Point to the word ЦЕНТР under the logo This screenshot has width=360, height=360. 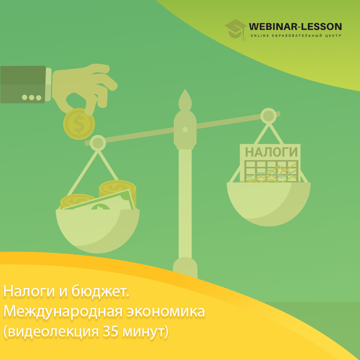(333, 36)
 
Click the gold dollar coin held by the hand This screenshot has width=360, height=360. (79, 124)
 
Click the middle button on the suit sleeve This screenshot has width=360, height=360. (31, 98)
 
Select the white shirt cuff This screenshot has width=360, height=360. (48, 84)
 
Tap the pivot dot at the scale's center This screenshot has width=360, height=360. (185, 129)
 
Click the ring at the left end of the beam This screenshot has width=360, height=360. (98, 143)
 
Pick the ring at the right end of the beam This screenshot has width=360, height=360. (268, 116)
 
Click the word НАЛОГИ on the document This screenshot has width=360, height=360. (271, 152)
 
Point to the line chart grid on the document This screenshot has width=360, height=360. (271, 171)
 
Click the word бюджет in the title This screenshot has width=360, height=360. (100, 291)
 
